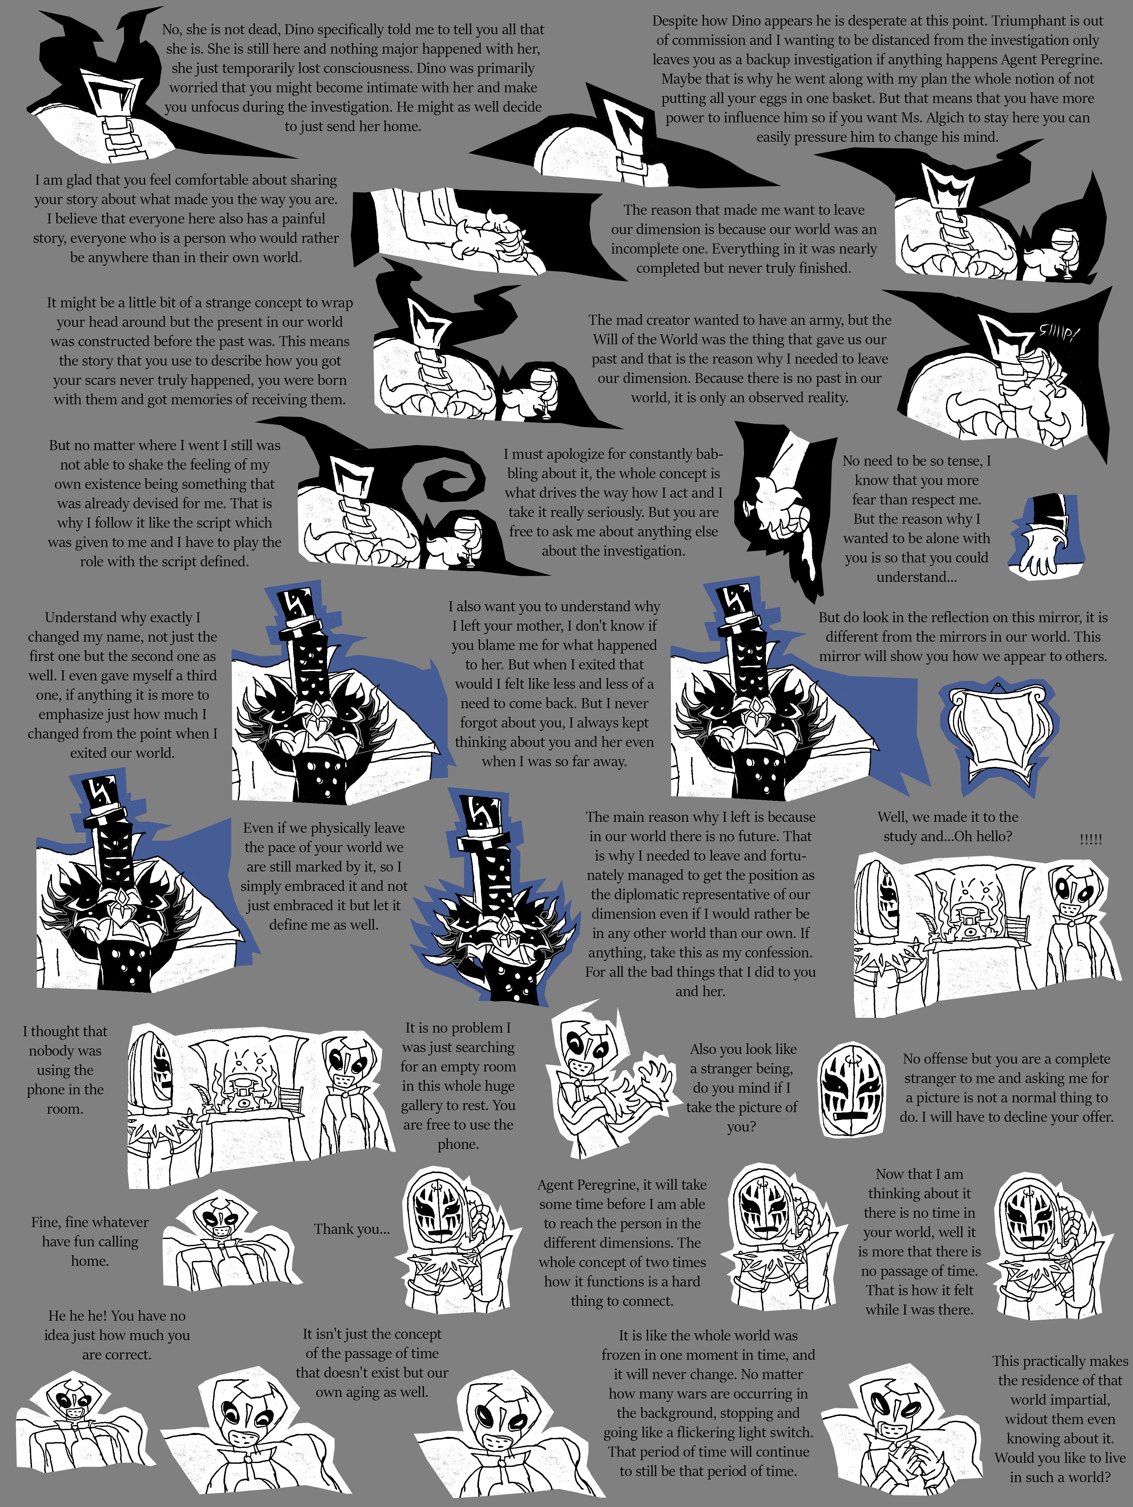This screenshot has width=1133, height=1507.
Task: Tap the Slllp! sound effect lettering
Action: pos(1058,334)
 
